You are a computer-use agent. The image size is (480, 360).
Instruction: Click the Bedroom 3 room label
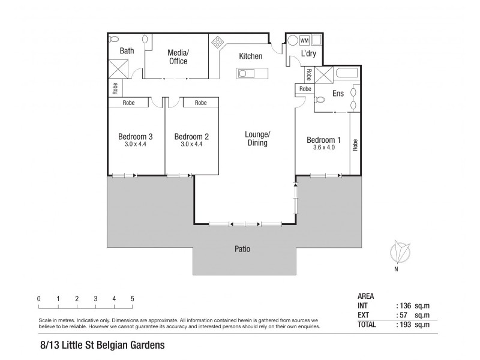click(136, 136)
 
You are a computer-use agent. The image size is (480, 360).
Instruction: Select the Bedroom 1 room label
click(323, 140)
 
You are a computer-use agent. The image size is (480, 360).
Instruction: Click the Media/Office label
click(178, 57)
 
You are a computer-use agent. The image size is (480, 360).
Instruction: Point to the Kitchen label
click(250, 56)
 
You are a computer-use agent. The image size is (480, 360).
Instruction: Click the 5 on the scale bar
click(132, 299)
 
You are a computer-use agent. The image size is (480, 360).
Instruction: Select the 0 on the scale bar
click(38, 299)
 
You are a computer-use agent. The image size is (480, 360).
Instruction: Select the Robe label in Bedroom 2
click(200, 103)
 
